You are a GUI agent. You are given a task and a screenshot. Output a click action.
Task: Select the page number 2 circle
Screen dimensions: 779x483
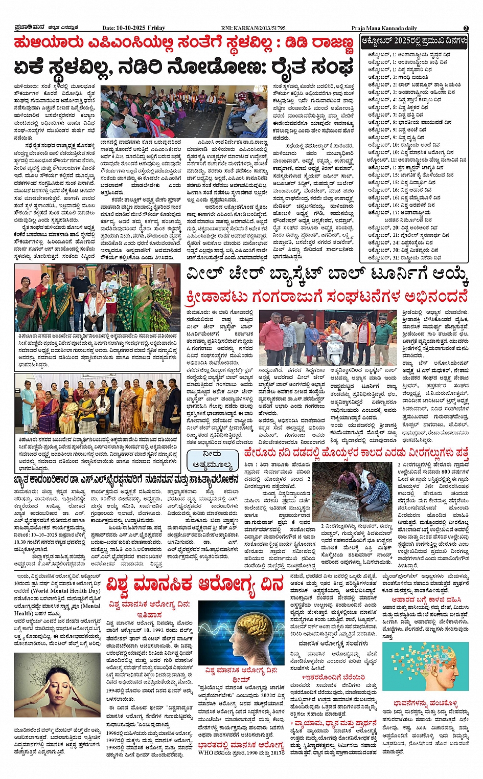click(x=466, y=28)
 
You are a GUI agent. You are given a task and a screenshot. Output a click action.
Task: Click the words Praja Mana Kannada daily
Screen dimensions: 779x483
click(x=384, y=28)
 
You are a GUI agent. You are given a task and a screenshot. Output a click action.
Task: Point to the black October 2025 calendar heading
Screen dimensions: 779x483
click(x=414, y=41)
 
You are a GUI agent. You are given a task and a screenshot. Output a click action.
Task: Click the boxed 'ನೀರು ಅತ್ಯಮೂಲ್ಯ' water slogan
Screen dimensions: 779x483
click(x=212, y=460)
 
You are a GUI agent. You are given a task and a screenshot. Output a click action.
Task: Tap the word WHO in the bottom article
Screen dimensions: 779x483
click(x=206, y=752)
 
